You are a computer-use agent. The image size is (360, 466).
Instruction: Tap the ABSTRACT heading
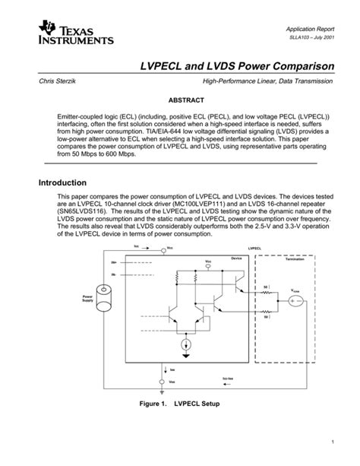point(179,100)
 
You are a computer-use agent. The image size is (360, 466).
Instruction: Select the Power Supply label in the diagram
point(88,298)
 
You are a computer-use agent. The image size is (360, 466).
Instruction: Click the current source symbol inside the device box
point(185,347)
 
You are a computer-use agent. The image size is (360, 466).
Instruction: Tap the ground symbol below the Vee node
point(163,390)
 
